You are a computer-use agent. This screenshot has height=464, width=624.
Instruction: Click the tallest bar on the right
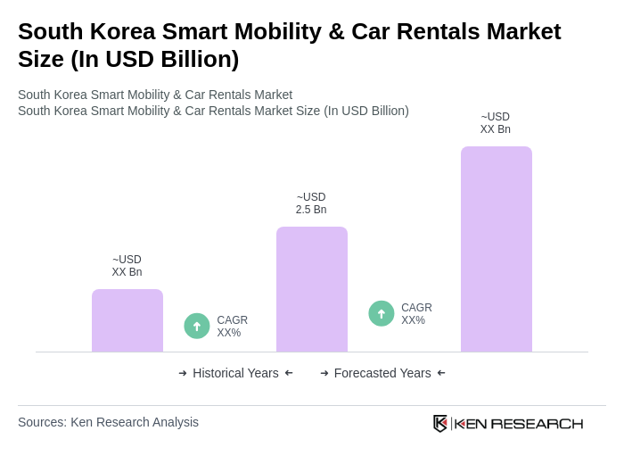click(496, 249)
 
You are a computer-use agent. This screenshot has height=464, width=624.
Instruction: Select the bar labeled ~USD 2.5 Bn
click(311, 289)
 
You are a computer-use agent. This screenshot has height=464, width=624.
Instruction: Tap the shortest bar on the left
click(127, 320)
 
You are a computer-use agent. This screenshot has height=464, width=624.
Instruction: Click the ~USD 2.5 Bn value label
click(311, 203)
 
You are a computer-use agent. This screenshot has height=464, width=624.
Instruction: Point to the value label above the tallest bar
click(496, 123)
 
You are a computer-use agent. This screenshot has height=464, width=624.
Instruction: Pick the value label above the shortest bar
click(127, 266)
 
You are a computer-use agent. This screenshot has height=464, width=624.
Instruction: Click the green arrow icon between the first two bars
click(197, 326)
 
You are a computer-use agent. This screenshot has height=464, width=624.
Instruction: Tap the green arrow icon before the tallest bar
click(382, 313)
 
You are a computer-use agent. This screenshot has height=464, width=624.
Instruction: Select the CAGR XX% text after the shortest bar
click(232, 327)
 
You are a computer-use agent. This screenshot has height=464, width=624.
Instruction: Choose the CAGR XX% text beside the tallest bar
click(416, 314)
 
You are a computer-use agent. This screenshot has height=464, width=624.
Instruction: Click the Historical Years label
click(235, 373)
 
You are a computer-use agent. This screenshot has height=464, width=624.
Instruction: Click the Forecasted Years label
click(382, 373)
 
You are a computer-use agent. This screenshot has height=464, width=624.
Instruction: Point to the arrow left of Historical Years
click(183, 373)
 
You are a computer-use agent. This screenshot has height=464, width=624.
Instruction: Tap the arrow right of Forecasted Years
click(441, 373)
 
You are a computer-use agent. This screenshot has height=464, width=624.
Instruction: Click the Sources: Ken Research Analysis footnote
click(108, 422)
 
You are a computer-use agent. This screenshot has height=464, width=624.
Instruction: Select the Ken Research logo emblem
click(440, 423)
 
